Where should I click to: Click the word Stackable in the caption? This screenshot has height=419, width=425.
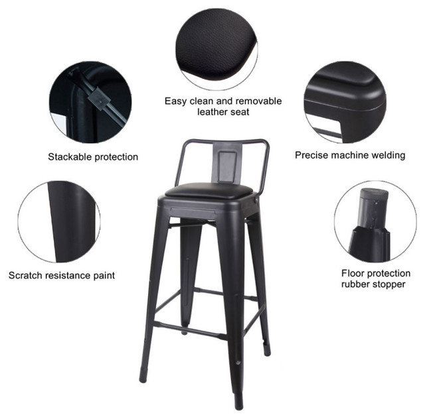[x=69, y=157]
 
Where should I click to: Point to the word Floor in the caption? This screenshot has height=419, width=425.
[x=354, y=272]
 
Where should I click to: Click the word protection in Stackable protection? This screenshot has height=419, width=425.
[x=115, y=157]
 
